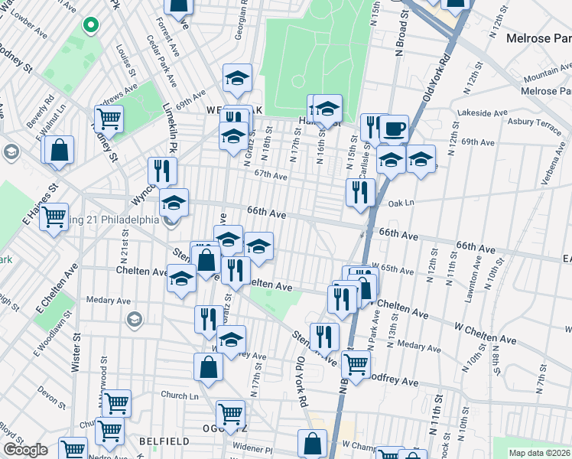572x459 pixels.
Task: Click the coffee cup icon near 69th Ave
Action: click(394, 128)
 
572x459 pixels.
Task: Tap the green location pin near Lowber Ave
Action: click(90, 26)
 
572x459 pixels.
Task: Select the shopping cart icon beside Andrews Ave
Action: click(109, 119)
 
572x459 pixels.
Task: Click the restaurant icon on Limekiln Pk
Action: click(162, 170)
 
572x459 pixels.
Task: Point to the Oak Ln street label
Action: click(401, 203)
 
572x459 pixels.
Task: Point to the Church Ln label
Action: click(180, 396)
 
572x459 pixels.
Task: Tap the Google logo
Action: click(25, 450)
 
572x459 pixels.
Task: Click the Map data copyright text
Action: click(540, 453)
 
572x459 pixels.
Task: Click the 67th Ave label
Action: click(271, 175)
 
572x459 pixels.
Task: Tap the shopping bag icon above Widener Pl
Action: click(313, 442)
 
